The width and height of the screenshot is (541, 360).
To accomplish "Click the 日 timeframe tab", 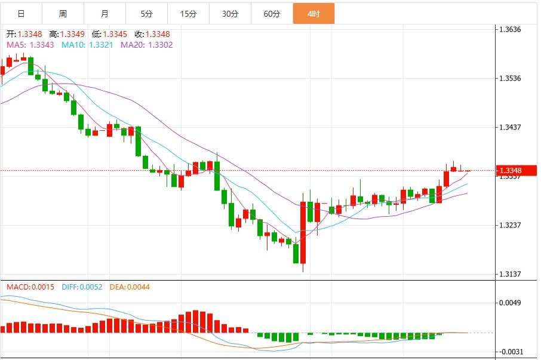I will (x=21, y=14).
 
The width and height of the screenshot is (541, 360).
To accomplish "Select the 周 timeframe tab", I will (x=63, y=14).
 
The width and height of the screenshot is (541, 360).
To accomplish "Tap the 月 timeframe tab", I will (x=104, y=14).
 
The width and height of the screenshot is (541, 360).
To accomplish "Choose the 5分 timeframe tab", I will (x=146, y=14).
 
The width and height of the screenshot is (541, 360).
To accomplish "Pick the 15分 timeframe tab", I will (x=188, y=14).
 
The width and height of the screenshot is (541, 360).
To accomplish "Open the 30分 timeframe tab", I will (x=230, y=14).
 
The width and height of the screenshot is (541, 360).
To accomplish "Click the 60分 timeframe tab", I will (x=272, y=14).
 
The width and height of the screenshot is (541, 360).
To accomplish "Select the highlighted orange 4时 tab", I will (x=313, y=14).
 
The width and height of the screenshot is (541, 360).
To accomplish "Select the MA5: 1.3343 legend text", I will (x=30, y=45).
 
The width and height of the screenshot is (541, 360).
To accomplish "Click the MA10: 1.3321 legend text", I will (x=88, y=45).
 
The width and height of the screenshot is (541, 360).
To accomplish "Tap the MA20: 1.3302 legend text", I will (x=147, y=45).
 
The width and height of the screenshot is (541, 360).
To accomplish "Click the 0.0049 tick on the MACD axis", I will (x=514, y=303).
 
